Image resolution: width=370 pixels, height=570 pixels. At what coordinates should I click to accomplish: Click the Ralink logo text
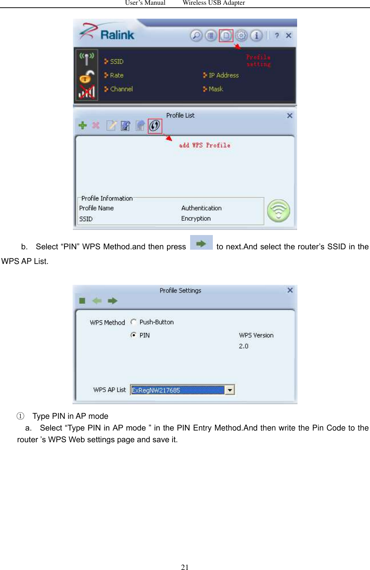coord(117,35)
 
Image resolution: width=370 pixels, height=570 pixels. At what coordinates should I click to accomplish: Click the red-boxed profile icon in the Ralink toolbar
coord(226,36)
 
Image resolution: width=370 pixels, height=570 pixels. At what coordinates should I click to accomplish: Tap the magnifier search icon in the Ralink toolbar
coord(196,36)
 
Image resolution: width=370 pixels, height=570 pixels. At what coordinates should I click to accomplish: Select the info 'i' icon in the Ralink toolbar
coord(256,36)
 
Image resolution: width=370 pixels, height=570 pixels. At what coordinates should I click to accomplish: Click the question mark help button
coord(277,36)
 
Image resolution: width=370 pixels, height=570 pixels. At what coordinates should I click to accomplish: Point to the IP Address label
coord(223,75)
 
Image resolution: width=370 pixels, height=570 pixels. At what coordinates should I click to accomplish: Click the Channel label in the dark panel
coord(121,89)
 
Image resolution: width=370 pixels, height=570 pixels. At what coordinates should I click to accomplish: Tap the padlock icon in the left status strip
coord(86,77)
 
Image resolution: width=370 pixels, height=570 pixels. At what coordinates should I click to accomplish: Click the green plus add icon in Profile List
coord(83,126)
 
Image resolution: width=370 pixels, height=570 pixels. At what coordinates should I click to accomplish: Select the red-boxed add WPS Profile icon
coord(155,126)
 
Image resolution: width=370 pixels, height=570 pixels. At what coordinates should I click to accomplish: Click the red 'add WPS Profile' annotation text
coord(204,145)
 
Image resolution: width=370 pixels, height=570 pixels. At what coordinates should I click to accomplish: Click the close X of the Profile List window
coord(289,116)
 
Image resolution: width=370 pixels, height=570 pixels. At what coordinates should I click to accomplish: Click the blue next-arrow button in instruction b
coord(201,243)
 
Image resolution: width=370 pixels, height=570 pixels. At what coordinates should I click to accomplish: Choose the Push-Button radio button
coord(134,322)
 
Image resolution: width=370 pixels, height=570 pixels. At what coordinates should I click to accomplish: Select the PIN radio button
coord(134,335)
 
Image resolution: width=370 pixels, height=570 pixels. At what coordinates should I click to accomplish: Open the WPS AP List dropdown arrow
coord(230,390)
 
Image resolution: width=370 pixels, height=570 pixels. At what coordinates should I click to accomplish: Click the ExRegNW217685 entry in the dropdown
coord(177,390)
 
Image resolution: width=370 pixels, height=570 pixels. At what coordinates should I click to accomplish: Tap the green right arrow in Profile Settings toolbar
coord(112,301)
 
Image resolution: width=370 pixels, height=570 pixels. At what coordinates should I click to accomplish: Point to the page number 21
coord(185,567)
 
